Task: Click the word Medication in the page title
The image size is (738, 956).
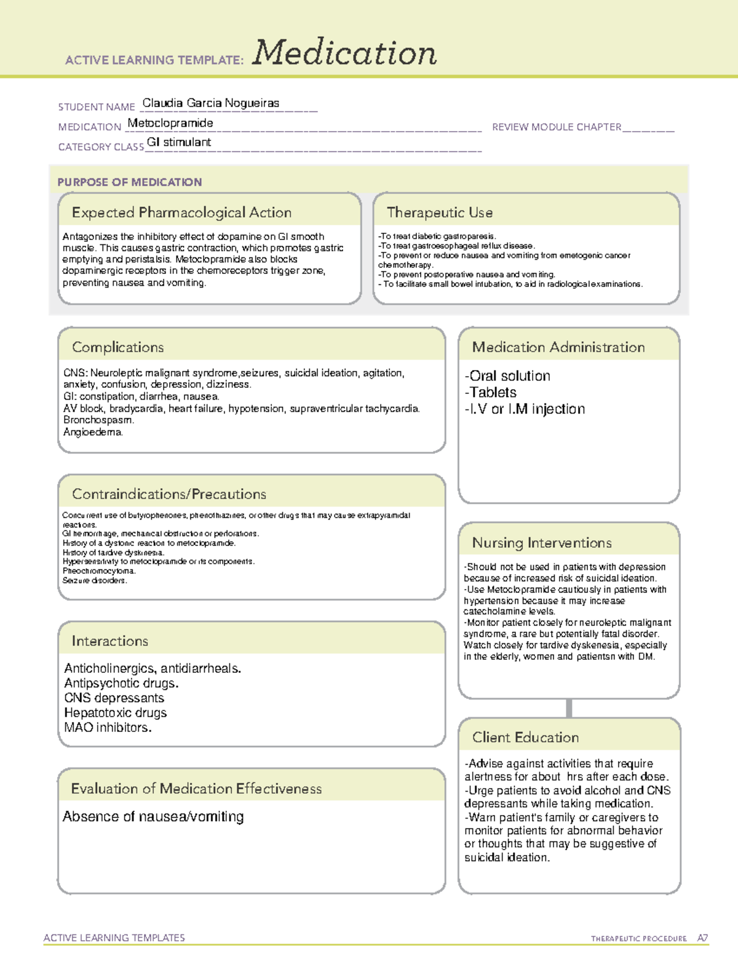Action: [344, 53]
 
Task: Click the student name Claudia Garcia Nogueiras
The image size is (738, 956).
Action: [210, 103]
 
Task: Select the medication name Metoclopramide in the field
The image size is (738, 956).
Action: [170, 123]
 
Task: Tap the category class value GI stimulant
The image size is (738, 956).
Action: [179, 142]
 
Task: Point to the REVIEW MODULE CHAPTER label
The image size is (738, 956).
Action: [557, 127]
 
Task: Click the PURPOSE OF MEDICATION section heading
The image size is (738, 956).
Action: [129, 182]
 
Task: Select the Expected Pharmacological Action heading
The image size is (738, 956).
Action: [181, 212]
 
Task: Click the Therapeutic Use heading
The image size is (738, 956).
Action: [440, 212]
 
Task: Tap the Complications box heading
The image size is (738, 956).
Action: [118, 347]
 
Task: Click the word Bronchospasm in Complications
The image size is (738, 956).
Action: [98, 420]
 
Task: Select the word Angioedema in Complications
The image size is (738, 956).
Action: [93, 432]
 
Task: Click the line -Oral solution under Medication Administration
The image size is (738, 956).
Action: [508, 376]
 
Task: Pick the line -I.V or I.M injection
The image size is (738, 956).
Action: [525, 409]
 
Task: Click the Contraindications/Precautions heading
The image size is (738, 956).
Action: [169, 494]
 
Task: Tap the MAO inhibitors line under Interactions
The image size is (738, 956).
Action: [108, 728]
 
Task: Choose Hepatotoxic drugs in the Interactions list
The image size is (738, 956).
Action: [116, 713]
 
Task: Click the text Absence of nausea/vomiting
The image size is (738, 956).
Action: [153, 817]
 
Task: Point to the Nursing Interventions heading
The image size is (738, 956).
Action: [542, 543]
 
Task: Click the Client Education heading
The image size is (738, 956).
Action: [525, 737]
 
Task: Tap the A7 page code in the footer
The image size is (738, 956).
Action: [702, 938]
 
